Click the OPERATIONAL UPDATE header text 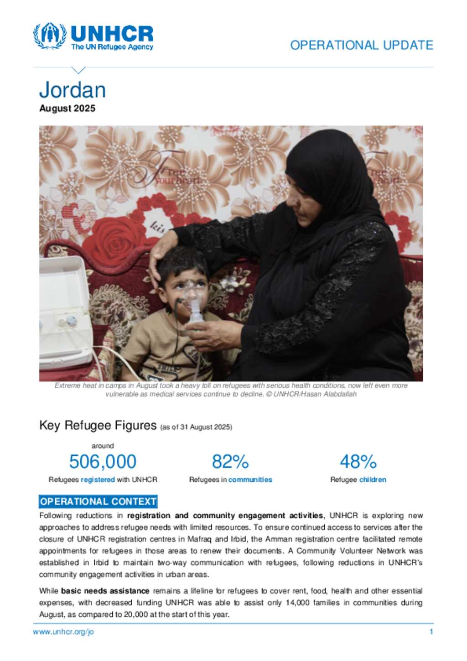(361, 45)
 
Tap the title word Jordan (73, 90)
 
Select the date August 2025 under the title (67, 109)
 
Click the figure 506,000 (103, 462)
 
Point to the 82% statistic (230, 462)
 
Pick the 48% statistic (358, 462)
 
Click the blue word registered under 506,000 (98, 480)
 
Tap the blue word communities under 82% (250, 480)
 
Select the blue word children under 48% (373, 480)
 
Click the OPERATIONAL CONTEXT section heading (98, 502)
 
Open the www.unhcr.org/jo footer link (63, 632)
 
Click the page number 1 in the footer (431, 632)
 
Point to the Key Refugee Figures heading (98, 425)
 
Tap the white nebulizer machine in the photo (64, 310)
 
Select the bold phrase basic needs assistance (105, 591)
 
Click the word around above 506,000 (103, 446)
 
